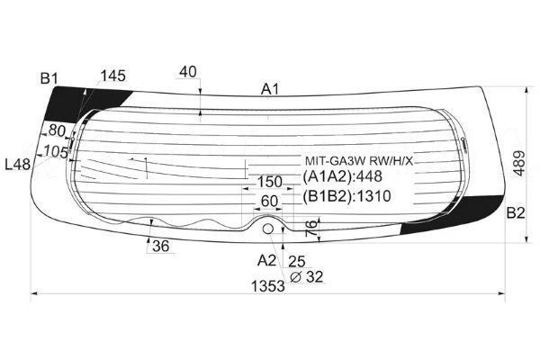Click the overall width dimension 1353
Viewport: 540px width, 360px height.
[x=268, y=286]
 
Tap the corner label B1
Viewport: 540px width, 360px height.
[x=49, y=79]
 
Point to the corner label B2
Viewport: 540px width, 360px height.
[x=515, y=213]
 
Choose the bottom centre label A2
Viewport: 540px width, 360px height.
[x=266, y=260]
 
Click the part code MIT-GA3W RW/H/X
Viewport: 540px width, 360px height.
[x=359, y=160]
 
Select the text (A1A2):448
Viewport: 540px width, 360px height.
[x=343, y=176]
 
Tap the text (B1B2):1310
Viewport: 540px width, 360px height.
[x=347, y=196]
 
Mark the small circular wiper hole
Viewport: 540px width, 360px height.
[x=267, y=229]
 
